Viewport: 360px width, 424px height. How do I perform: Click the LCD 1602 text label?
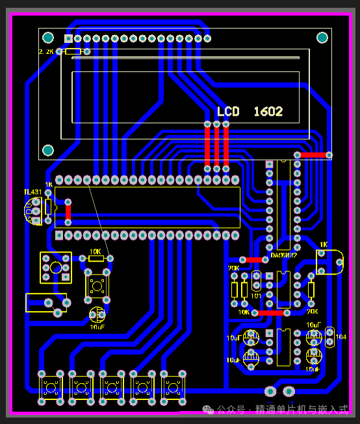pyautogui.click(x=250, y=112)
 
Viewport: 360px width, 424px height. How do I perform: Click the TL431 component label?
pyautogui.click(x=32, y=192)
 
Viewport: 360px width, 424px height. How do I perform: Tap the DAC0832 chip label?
pyautogui.click(x=283, y=255)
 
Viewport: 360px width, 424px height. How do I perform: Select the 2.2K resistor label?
pyautogui.click(x=47, y=51)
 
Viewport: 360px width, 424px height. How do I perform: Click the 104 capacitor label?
pyautogui.click(x=341, y=338)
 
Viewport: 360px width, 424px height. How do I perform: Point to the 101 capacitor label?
pyautogui.click(x=256, y=295)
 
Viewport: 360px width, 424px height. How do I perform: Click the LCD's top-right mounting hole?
pyautogui.click(x=321, y=37)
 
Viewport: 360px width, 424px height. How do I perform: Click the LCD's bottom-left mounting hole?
pyautogui.click(x=47, y=151)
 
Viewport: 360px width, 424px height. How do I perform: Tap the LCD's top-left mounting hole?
pyautogui.click(x=47, y=37)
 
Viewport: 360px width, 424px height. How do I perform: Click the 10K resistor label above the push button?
pyautogui.click(x=95, y=251)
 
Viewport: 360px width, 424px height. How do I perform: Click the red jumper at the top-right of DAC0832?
pyautogui.click(x=313, y=155)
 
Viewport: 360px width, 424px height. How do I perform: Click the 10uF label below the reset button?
pyautogui.click(x=97, y=328)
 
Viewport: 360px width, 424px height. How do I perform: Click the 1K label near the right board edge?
pyautogui.click(x=323, y=244)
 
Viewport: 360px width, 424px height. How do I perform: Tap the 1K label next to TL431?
pyautogui.click(x=49, y=184)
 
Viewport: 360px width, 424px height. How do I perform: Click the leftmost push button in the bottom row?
pyautogui.click(x=50, y=388)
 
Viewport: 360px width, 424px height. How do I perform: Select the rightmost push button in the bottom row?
pyautogui.click(x=173, y=388)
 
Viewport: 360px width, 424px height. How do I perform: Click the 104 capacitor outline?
pyautogui.click(x=330, y=337)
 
